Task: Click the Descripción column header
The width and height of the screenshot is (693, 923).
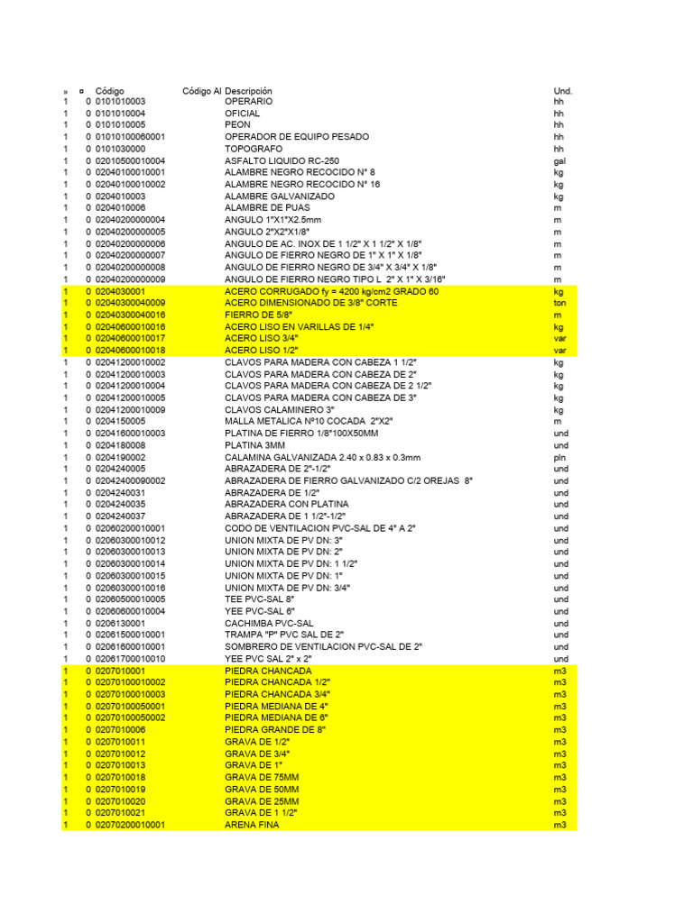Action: (248, 91)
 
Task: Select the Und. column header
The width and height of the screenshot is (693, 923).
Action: (562, 91)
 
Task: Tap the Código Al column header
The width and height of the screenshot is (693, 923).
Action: (201, 91)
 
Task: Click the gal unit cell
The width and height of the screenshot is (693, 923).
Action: (559, 160)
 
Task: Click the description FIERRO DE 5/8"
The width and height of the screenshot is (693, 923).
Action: (254, 315)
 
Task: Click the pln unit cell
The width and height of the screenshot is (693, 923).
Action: (559, 457)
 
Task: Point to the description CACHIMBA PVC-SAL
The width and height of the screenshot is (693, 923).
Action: (269, 623)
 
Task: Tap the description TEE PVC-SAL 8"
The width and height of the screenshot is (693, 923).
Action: (259, 599)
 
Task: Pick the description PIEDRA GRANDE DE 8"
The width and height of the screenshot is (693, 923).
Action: (274, 729)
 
